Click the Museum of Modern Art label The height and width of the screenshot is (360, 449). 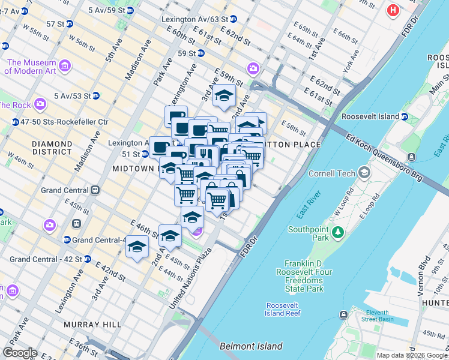31,67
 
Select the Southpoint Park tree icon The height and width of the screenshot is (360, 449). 338,232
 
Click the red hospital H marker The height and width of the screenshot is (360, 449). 393,10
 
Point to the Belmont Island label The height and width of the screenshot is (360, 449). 251,346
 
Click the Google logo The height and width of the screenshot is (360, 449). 20,353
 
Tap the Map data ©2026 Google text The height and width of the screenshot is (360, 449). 411,355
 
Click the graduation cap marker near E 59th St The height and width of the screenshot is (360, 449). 224,95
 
